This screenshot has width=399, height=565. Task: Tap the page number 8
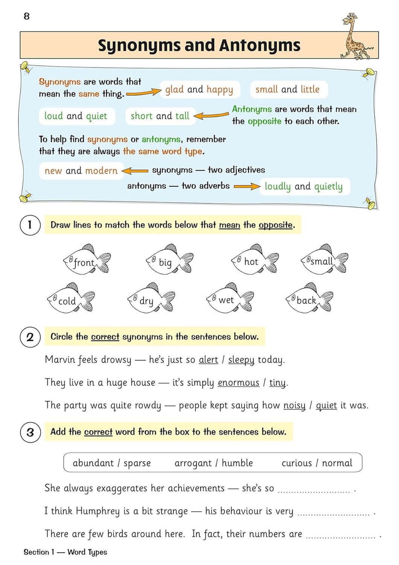[26, 16]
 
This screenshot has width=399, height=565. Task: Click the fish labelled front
[86, 260]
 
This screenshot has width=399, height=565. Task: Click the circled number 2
[30, 337]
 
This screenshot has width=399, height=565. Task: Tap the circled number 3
[30, 432]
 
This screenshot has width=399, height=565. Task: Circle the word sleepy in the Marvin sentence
[241, 360]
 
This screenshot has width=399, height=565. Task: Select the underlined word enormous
[238, 383]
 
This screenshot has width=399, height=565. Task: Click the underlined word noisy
[294, 405]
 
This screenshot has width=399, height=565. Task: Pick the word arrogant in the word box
[193, 463]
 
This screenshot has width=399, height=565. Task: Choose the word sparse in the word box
[137, 463]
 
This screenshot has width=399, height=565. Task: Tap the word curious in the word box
[297, 463]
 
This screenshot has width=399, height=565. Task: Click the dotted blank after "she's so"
[314, 490]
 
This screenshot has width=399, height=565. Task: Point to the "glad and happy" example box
[199, 90]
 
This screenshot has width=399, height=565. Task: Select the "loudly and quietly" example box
[304, 186]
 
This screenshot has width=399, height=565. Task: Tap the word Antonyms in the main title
[260, 46]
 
